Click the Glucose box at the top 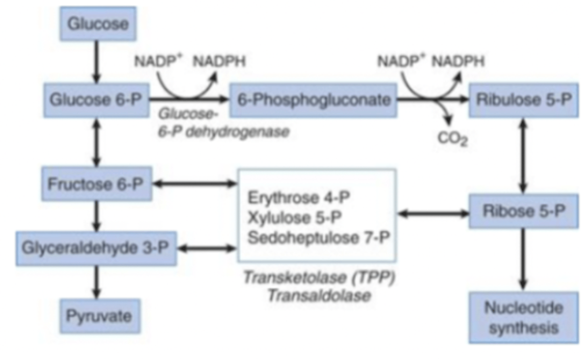98,24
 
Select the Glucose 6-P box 96,100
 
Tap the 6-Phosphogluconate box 313,100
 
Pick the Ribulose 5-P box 523,100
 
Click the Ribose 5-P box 523,211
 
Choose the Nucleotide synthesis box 523,318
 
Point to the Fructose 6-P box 96,184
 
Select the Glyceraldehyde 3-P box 96,248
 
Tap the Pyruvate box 100,316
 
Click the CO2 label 452,138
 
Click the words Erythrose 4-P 299,197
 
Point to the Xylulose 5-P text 295,218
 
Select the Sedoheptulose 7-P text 319,237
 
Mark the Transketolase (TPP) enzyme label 319,277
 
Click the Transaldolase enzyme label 319,295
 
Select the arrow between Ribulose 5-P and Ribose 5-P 523,155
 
